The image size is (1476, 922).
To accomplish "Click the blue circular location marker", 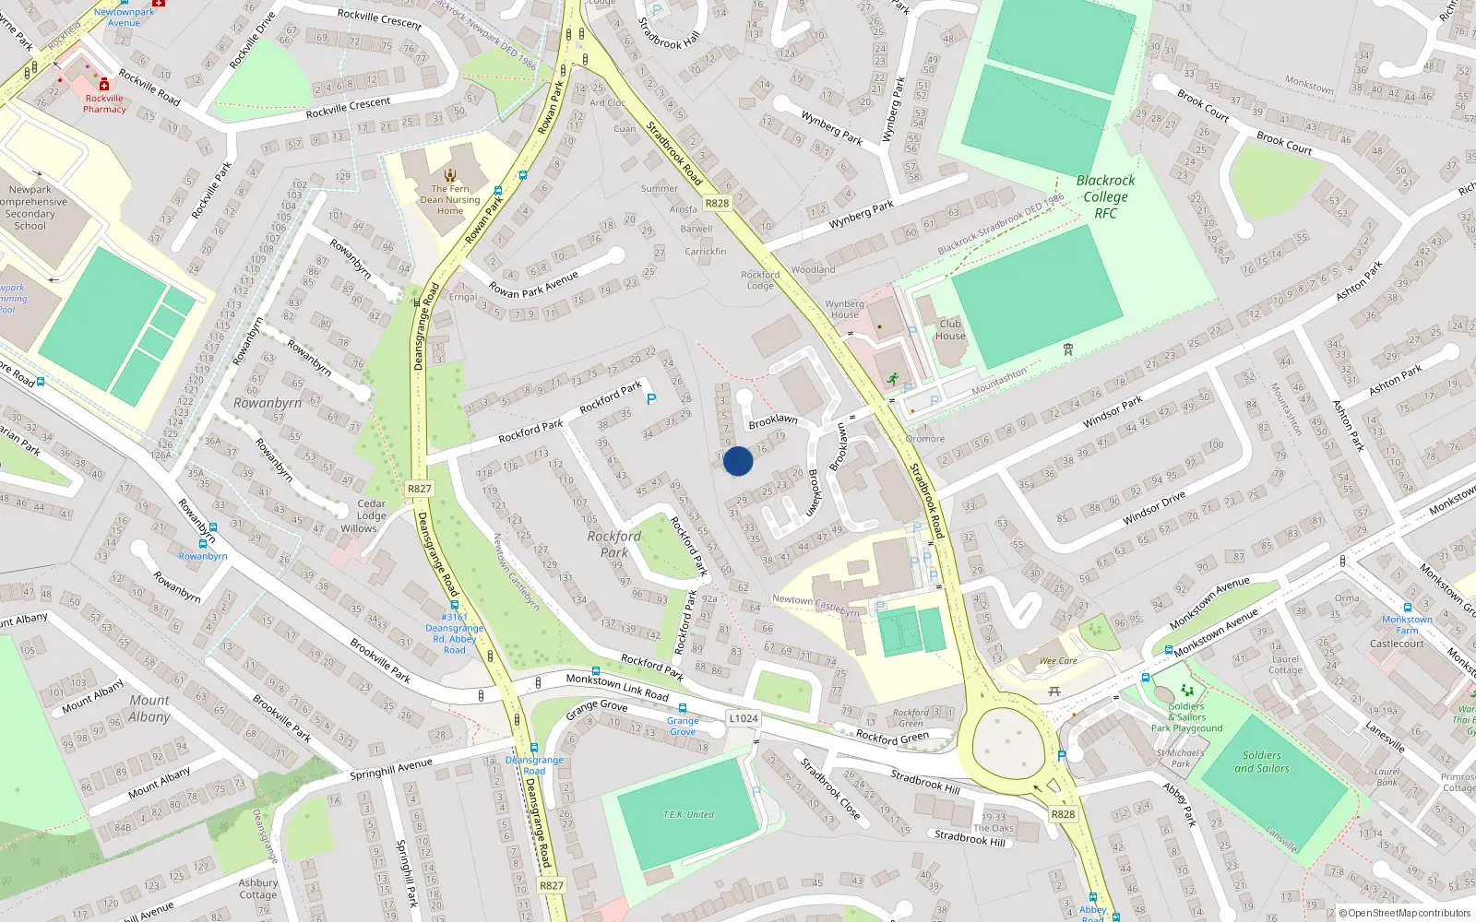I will point(738,461).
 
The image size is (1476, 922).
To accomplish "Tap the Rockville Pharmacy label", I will point(104,103).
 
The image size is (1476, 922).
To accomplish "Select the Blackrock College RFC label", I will point(1105,196).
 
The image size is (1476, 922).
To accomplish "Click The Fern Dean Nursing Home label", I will point(450,199).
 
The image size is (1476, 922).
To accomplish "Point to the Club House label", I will point(950,329).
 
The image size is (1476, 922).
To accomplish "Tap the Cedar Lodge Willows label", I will point(371,516).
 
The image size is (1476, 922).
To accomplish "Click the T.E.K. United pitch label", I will point(688,814).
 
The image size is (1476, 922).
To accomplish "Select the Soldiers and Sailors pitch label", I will point(1262,762).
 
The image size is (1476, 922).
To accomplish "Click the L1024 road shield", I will point(743,718).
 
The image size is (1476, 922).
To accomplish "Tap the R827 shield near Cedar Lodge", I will point(419,489).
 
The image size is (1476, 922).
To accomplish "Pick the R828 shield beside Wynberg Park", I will point(717,203).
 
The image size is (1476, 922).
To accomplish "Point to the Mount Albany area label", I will point(149,708).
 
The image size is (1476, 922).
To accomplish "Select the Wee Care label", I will point(1058,661).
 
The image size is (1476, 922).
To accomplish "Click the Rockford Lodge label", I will point(760,280).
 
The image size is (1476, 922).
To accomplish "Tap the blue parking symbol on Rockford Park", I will point(651,399).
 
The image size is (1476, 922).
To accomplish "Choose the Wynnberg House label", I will point(844,309).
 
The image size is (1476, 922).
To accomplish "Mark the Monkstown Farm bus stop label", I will point(1407,625).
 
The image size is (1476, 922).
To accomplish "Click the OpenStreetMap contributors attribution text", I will point(1404,913).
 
